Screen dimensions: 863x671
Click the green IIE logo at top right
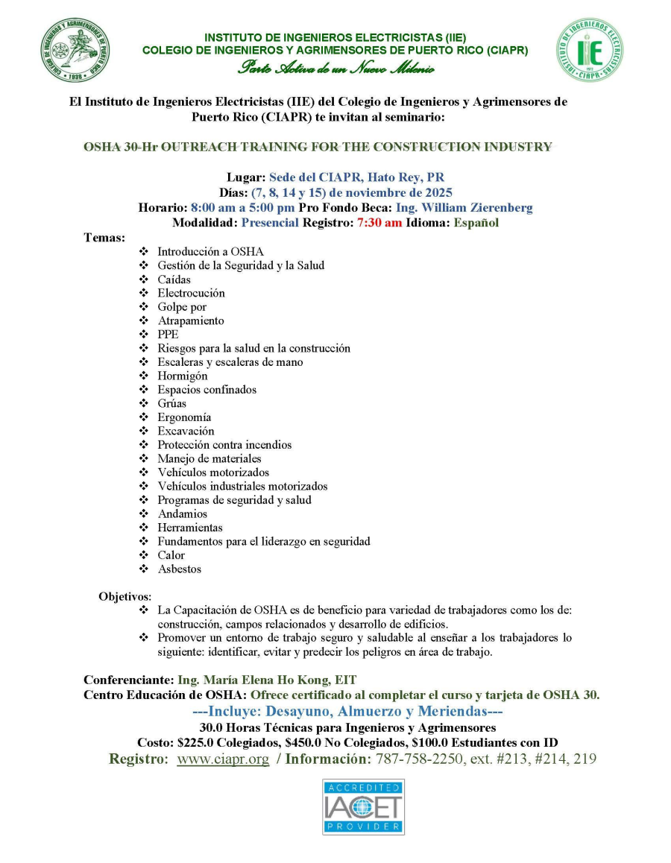click(x=589, y=51)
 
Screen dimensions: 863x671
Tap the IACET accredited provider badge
click(x=363, y=806)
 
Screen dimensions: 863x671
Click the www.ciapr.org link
click(x=223, y=759)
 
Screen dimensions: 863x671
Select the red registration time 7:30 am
click(x=379, y=223)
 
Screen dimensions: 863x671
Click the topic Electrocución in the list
click(x=191, y=293)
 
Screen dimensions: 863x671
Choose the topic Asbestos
click(x=179, y=569)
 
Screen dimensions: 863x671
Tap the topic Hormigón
click(x=183, y=376)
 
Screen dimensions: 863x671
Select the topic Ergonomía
click(x=184, y=417)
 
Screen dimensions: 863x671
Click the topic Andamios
click(x=183, y=513)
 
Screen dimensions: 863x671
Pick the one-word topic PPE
click(x=168, y=335)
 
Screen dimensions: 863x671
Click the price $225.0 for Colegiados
click(x=199, y=742)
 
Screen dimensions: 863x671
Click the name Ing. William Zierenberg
click(x=464, y=208)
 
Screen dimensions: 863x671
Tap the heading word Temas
click(x=104, y=237)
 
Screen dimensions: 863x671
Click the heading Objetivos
click(x=125, y=596)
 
